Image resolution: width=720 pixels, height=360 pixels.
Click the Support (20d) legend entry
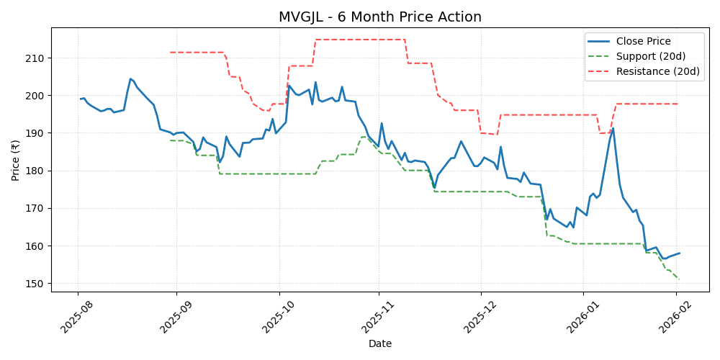(x=651, y=56)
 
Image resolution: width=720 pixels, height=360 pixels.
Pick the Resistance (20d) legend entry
(x=657, y=71)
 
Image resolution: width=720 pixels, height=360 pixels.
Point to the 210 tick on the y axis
(x=37, y=58)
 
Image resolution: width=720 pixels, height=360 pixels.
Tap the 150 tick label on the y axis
(x=37, y=284)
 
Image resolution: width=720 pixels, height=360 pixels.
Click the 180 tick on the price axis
(x=37, y=171)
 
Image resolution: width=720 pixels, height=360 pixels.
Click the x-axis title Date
(x=379, y=344)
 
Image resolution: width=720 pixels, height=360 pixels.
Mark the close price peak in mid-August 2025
(x=130, y=79)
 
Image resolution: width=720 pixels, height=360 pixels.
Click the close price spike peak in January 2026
(x=613, y=129)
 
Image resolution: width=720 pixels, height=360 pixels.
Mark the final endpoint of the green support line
(x=679, y=279)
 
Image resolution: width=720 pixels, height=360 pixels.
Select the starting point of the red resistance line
(x=170, y=52)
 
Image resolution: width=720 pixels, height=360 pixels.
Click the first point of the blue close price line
(x=80, y=99)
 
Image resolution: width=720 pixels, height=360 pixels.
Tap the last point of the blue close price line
(x=679, y=253)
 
